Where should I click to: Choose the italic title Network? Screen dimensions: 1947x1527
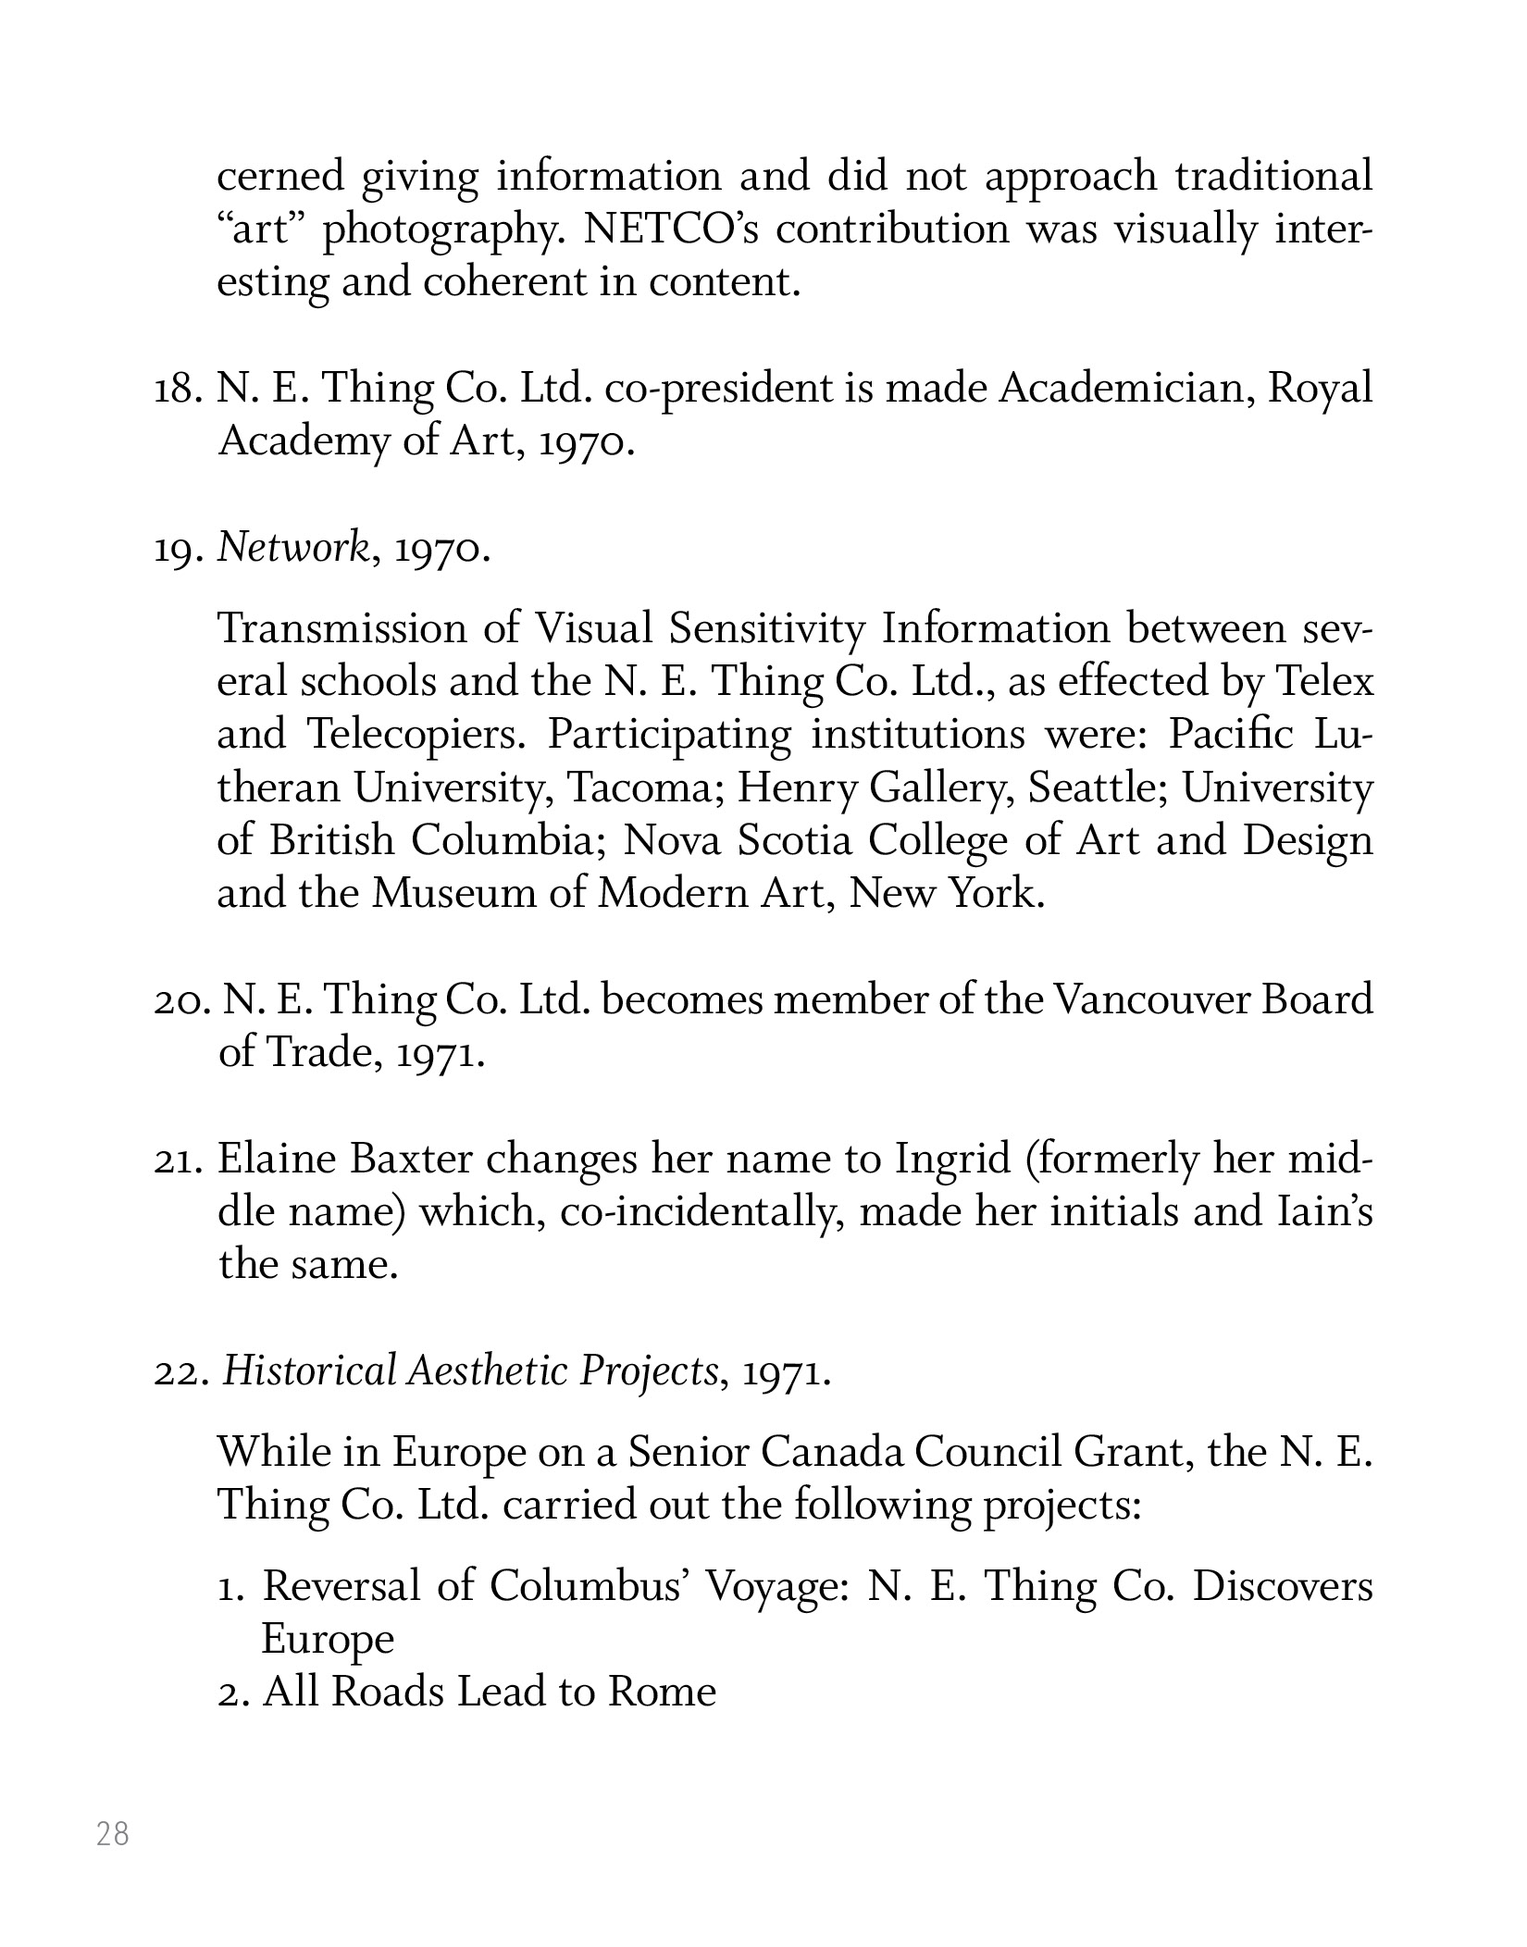(x=293, y=550)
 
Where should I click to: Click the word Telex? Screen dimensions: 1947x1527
(x=1325, y=682)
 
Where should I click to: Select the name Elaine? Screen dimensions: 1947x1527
(x=276, y=1159)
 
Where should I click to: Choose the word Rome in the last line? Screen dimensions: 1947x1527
(x=662, y=1692)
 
